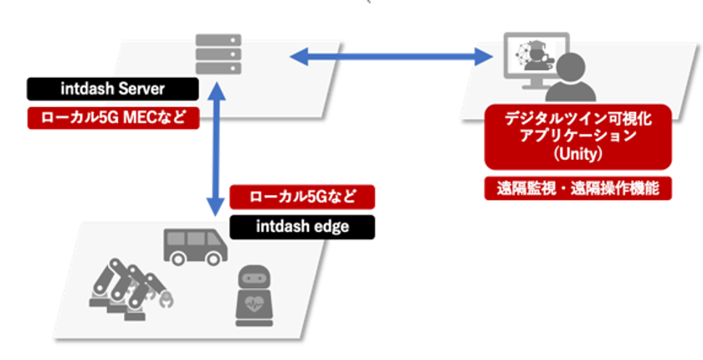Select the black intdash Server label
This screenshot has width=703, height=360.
pyautogui.click(x=112, y=88)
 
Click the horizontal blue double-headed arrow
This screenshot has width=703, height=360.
pyautogui.click(x=391, y=57)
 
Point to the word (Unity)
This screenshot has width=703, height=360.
pyautogui.click(x=578, y=154)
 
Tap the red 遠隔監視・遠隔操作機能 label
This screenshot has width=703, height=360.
pyautogui.click(x=578, y=188)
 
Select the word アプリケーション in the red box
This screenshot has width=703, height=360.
pyautogui.click(x=578, y=136)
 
